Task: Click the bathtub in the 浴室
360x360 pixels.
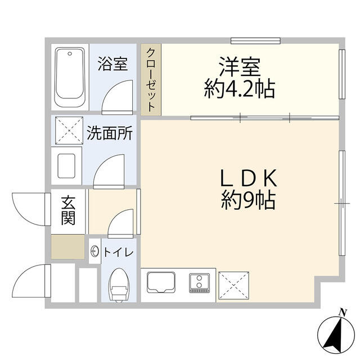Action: click(70, 77)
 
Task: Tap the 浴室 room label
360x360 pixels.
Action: click(112, 64)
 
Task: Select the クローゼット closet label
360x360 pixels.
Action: click(151, 80)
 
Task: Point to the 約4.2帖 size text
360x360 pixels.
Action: click(240, 88)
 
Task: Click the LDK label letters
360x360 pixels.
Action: click(249, 178)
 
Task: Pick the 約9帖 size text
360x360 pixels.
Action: click(249, 200)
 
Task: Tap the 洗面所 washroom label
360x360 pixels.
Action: click(110, 133)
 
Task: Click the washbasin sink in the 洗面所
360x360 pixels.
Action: click(66, 166)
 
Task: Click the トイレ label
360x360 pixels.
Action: click(119, 253)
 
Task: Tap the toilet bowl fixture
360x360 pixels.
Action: click(119, 285)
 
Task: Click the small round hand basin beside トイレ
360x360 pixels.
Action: click(95, 251)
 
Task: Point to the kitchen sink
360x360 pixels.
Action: click(161, 282)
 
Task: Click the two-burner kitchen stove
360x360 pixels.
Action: click(199, 283)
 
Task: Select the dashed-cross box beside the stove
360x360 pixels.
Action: click(234, 286)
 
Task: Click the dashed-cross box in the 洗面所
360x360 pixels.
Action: click(69, 130)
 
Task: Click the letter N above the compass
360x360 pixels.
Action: click(343, 312)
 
